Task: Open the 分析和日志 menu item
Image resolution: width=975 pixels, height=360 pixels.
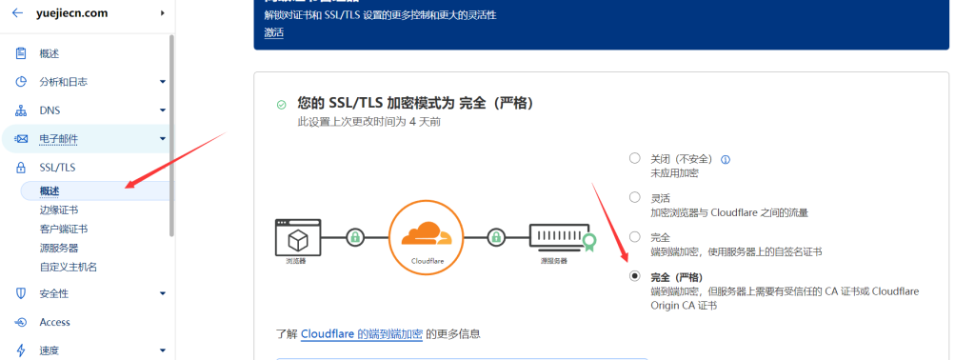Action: (x=64, y=82)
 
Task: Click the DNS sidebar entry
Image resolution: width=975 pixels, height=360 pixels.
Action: (x=50, y=110)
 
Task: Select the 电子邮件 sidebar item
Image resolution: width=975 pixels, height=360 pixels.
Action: (x=59, y=139)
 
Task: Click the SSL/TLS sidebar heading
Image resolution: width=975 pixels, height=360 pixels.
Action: (x=57, y=167)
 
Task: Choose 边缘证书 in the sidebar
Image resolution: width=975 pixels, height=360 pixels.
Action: (x=59, y=210)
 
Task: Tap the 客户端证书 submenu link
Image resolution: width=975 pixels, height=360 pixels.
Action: (x=64, y=229)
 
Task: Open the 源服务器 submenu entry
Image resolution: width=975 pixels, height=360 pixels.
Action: (x=59, y=248)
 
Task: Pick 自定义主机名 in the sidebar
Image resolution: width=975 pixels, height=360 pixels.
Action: (x=69, y=267)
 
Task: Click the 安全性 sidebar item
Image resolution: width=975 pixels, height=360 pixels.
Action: (x=54, y=293)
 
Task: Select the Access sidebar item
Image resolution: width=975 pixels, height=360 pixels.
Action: (x=55, y=322)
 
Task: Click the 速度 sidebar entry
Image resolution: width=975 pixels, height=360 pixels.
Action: (x=50, y=350)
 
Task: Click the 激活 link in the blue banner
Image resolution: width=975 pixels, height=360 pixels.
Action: (x=274, y=32)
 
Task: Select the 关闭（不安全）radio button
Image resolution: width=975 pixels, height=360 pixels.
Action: (x=635, y=159)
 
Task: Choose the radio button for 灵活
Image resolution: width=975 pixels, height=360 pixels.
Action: (x=635, y=197)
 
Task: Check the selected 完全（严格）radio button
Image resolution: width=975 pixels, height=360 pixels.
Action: (x=635, y=276)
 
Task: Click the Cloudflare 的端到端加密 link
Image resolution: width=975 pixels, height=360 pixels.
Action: (x=361, y=334)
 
